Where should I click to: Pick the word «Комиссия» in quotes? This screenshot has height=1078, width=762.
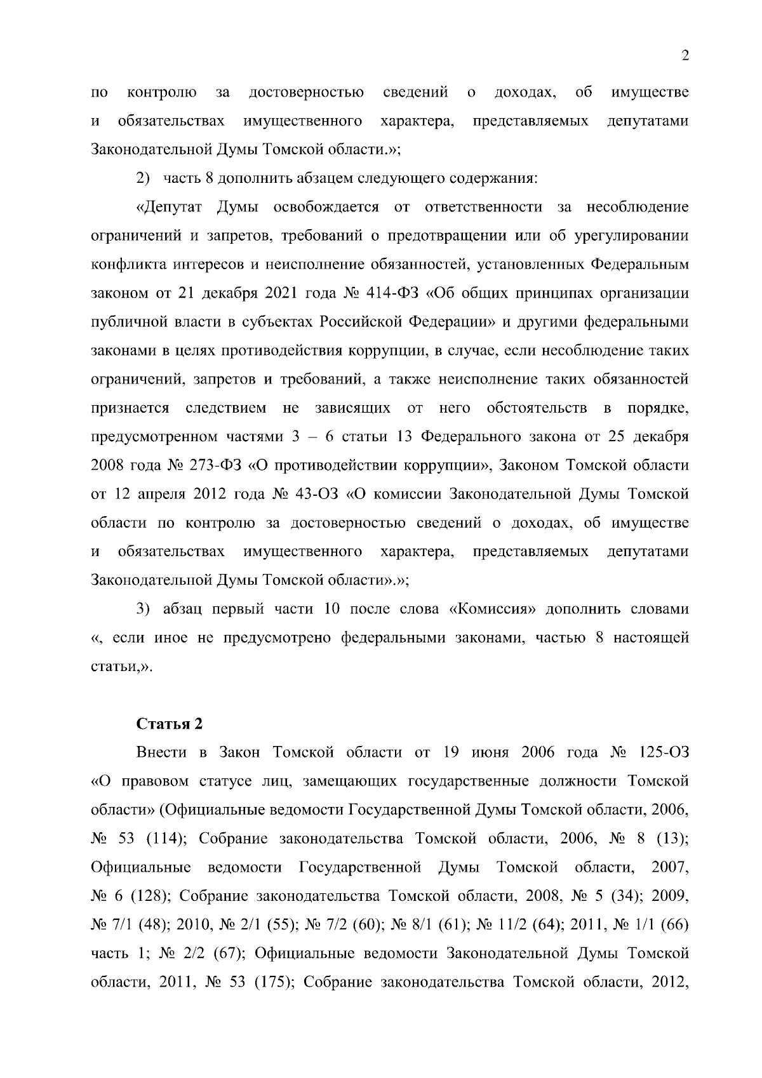click(493, 609)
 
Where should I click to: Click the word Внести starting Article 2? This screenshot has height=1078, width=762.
click(161, 752)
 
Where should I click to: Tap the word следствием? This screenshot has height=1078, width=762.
click(225, 408)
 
